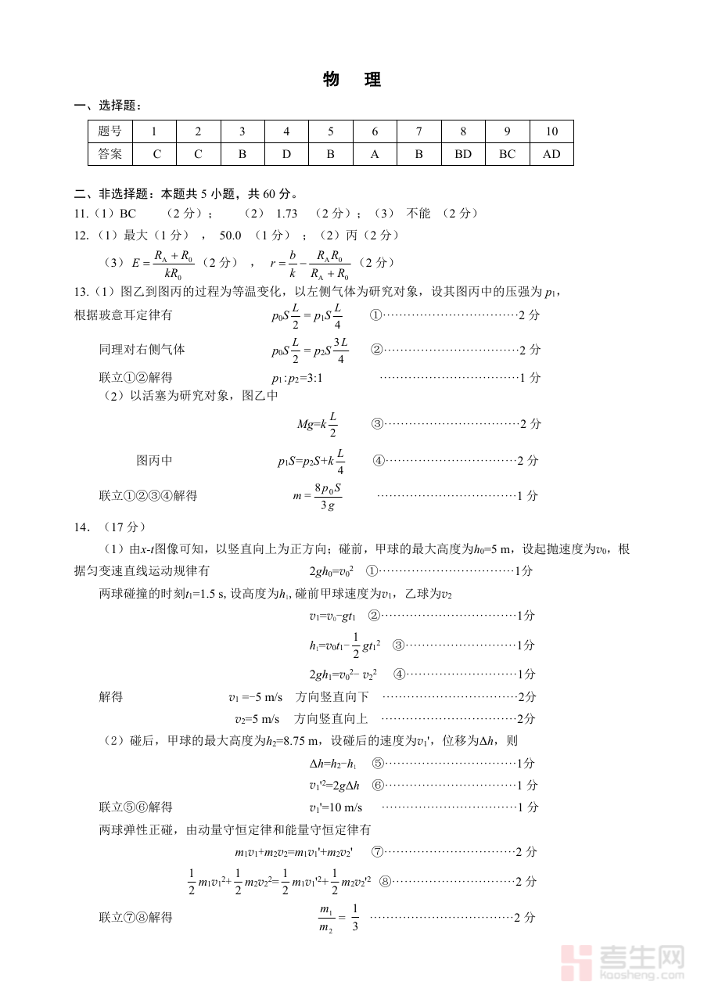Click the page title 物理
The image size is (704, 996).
click(351, 80)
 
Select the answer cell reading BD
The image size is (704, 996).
click(463, 154)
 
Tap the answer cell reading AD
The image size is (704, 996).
click(551, 154)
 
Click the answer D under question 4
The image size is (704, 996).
click(286, 154)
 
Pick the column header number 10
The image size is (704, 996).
click(551, 131)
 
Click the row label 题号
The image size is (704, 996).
click(110, 131)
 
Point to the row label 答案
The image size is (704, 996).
click(110, 154)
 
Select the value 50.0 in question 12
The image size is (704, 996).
click(230, 235)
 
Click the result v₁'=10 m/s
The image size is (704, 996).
click(336, 807)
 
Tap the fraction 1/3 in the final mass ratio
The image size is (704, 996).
click(354, 918)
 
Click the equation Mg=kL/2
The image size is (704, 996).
click(318, 424)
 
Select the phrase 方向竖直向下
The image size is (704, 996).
click(332, 696)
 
